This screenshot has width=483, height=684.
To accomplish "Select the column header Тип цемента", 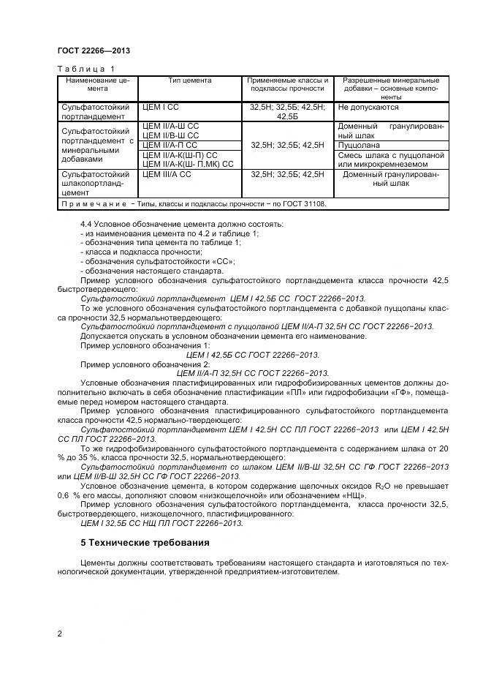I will point(190,80).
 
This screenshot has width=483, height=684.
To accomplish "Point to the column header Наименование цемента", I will point(97,84).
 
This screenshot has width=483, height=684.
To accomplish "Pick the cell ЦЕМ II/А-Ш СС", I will point(171,126).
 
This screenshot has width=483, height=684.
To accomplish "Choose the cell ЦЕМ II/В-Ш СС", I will point(171,135).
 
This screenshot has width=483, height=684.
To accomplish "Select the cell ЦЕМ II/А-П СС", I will point(170,145).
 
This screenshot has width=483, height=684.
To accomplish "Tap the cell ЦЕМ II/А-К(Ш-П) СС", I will point(180,154).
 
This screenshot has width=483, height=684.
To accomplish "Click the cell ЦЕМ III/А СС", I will point(167,174).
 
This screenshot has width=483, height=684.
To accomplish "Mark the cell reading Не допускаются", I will point(368,107).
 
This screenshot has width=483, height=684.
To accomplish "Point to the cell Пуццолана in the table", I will point(359,145).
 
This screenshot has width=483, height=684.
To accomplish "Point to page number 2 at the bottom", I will point(59,634).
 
